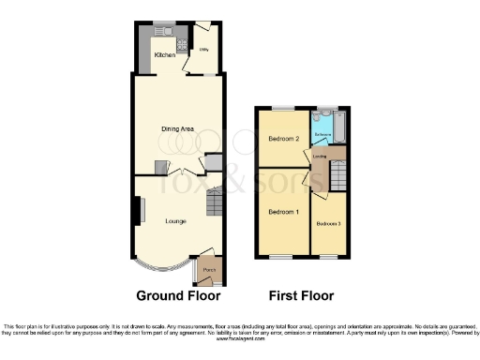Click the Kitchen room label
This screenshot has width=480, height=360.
164,55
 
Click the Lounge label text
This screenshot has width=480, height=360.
175,221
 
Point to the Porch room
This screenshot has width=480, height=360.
208,271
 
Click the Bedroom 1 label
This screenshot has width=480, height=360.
283,212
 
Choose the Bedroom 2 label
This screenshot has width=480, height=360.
283,139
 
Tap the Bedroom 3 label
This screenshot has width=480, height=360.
328,224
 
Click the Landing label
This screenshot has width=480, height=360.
319,157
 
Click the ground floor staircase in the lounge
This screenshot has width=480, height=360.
214,202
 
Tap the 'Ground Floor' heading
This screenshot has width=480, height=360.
178,295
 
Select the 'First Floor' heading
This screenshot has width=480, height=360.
301,295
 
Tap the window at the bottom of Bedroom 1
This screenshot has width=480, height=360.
281,256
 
